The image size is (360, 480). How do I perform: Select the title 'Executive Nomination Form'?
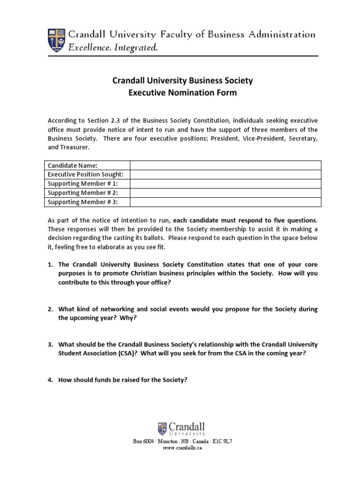pyautogui.click(x=182, y=93)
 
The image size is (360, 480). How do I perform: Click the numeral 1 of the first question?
pyautogui.click(x=50, y=265)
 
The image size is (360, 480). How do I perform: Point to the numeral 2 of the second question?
pyautogui.click(x=50, y=309)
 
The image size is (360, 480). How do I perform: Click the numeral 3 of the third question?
pyautogui.click(x=50, y=345)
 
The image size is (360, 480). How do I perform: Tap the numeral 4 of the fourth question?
pyautogui.click(x=50, y=380)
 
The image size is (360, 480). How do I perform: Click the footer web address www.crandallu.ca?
pyautogui.click(x=182, y=448)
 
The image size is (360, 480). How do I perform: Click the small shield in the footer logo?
pyautogui.click(x=163, y=428)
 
